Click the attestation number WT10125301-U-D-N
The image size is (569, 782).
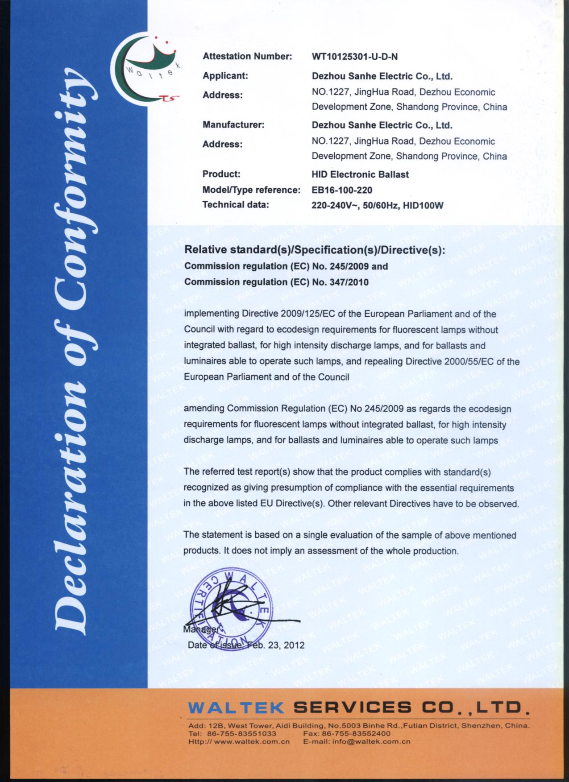355,57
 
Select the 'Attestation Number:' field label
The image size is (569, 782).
247,57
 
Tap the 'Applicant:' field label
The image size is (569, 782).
225,76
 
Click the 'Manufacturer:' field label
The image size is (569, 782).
233,125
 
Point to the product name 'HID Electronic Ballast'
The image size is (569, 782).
360,174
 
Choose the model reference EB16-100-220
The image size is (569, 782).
342,190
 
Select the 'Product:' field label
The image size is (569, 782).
221,174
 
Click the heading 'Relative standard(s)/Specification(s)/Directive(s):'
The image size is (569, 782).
315,250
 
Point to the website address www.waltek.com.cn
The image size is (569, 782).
252,742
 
